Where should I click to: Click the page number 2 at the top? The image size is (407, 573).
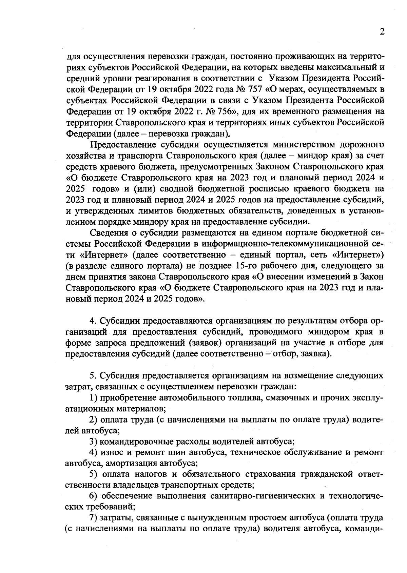[x=382, y=32]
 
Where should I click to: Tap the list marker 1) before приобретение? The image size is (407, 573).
[x=94, y=398]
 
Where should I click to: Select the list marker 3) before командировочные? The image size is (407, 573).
[x=94, y=442]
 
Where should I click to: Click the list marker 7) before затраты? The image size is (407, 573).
[x=94, y=518]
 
